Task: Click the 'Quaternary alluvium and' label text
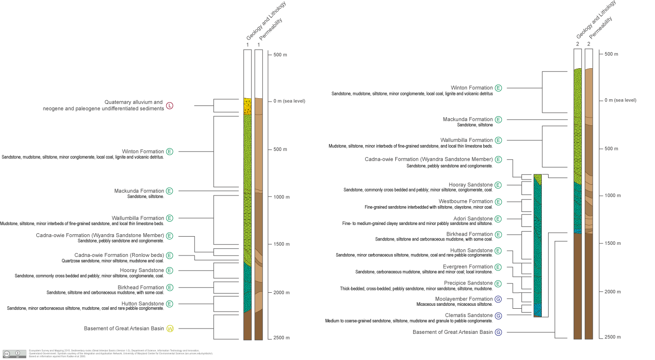click(134, 102)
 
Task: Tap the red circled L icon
click(170, 105)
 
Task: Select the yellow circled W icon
click(170, 329)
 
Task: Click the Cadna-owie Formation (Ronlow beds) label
click(119, 255)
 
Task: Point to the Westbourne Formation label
click(465, 201)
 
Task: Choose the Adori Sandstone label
click(473, 219)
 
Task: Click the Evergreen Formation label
click(467, 267)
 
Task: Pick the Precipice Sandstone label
click(468, 283)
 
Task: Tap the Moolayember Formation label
click(463, 299)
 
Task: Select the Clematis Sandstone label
click(468, 315)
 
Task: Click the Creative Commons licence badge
click(14, 353)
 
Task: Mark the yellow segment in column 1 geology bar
click(248, 106)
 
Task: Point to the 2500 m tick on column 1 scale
click(281, 338)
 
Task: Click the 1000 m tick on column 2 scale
click(612, 195)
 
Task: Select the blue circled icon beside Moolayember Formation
click(498, 299)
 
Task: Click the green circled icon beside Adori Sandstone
click(498, 219)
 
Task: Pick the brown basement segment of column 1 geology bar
click(248, 326)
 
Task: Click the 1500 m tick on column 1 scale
click(281, 244)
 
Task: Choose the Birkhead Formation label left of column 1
click(140, 287)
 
